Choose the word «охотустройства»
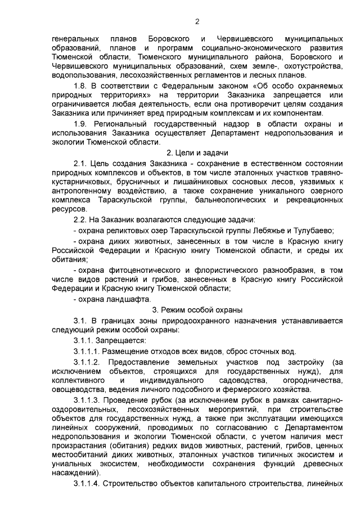pyautogui.click(x=312, y=65)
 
